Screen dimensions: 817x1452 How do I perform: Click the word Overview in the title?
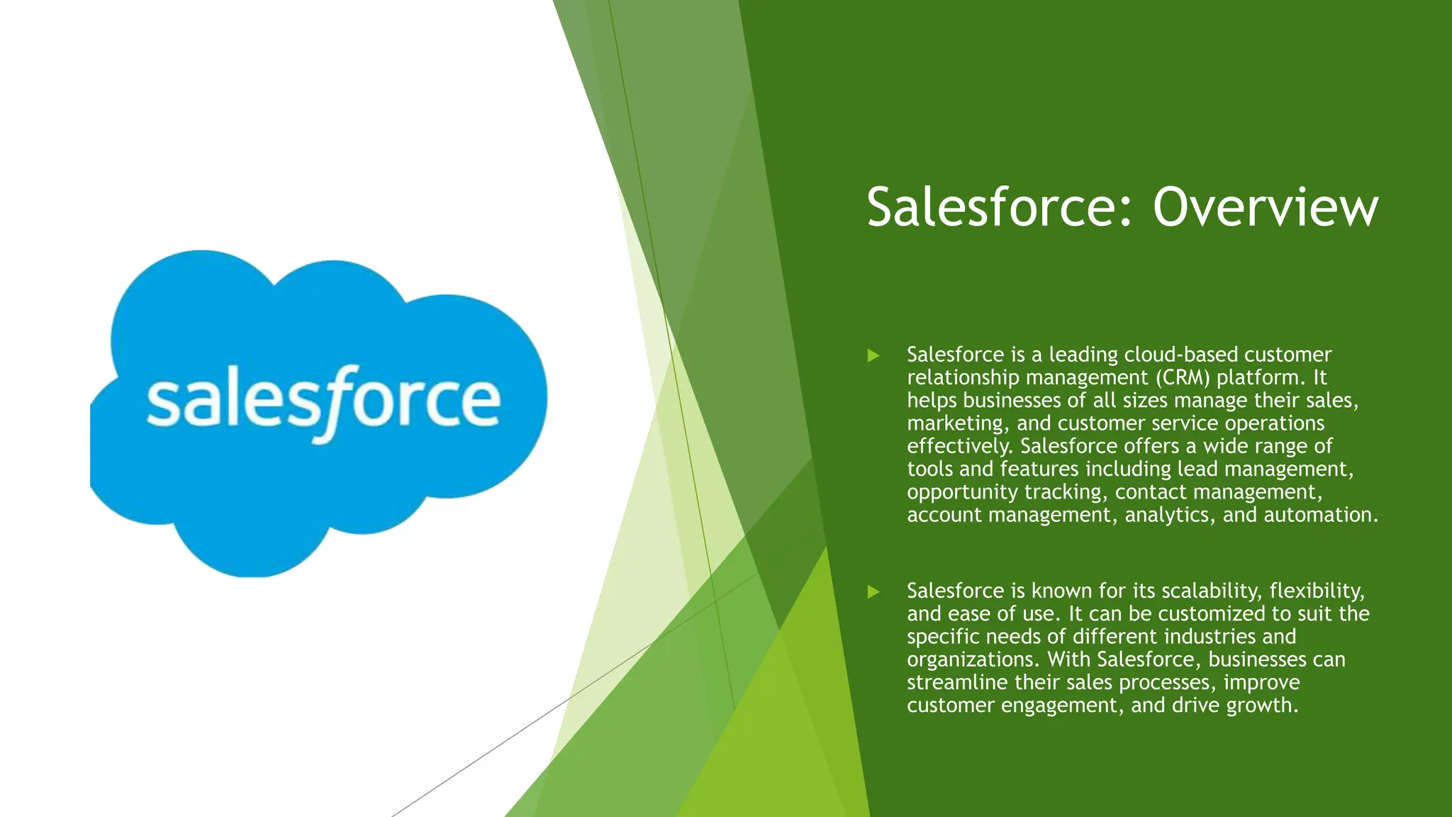coord(1266,207)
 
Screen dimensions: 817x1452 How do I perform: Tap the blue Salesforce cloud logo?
coord(318,411)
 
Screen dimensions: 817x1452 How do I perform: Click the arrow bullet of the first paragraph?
coord(873,355)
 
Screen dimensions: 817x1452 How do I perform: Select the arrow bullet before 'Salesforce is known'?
coord(873,591)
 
